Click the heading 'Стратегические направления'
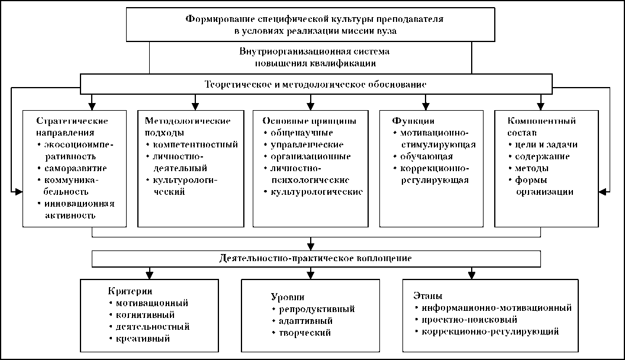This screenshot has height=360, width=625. [x=72, y=126]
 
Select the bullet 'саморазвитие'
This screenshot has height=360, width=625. [x=75, y=168]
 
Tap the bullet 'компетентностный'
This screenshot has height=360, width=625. [x=195, y=144]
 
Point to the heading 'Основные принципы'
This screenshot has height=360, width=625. [x=309, y=120]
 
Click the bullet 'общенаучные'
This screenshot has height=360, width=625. [x=302, y=132]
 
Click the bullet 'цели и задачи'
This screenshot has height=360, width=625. [x=543, y=144]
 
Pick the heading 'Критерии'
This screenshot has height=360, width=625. [x=131, y=291]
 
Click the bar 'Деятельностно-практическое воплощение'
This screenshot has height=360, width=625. [x=316, y=259]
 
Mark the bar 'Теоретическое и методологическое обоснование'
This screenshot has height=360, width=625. [x=315, y=84]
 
